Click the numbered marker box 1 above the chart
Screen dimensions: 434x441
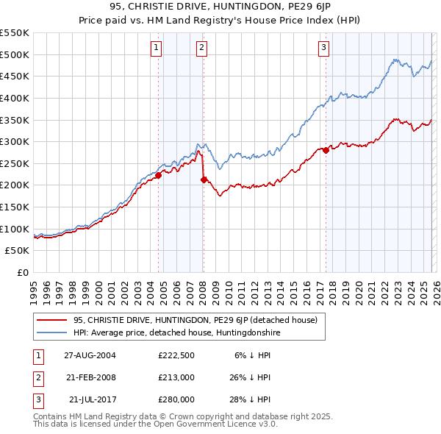click(157, 49)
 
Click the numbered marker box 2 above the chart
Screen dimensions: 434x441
click(201, 49)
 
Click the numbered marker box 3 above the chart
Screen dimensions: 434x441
click(323, 49)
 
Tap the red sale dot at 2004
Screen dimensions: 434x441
click(159, 175)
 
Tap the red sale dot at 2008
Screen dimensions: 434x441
click(204, 179)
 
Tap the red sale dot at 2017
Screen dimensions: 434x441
click(326, 150)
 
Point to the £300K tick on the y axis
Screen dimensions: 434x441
click(15, 141)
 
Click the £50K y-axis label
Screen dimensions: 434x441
click(18, 251)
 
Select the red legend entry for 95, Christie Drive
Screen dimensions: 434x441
click(195, 320)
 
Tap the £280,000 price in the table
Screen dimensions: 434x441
click(176, 400)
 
